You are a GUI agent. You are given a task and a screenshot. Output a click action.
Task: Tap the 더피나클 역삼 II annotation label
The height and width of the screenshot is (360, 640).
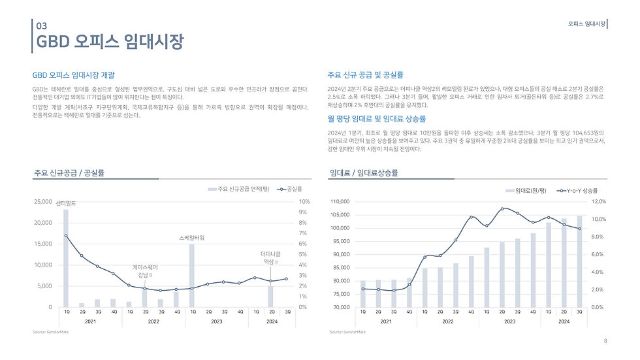pyautogui.click(x=270, y=257)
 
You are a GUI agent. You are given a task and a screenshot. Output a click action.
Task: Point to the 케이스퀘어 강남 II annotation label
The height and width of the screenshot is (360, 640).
pyautogui.click(x=144, y=270)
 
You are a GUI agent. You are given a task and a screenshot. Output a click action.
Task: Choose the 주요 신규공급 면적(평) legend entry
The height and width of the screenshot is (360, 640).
pyautogui.click(x=238, y=189)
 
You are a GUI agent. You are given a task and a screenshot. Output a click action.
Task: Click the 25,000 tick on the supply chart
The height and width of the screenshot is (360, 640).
pyautogui.click(x=43, y=202)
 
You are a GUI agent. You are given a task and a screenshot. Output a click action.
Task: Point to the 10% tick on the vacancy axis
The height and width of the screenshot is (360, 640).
pyautogui.click(x=304, y=202)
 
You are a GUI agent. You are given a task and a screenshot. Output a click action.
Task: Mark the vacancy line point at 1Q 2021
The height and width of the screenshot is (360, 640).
pyautogui.click(x=65, y=235)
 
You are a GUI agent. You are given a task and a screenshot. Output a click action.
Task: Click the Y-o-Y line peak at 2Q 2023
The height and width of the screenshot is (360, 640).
pyautogui.click(x=502, y=208)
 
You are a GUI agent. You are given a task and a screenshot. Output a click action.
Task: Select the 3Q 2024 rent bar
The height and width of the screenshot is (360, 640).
pyautogui.click(x=579, y=261)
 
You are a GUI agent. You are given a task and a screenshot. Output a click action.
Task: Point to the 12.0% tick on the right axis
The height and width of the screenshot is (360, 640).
pyautogui.click(x=600, y=202)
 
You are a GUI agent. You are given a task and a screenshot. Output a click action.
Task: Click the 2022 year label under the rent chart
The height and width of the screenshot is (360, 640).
pyautogui.click(x=447, y=322)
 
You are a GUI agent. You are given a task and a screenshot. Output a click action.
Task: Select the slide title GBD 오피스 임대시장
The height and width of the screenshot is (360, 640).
pyautogui.click(x=110, y=42)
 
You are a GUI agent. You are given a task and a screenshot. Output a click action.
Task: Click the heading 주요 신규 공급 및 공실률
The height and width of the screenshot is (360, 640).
pyautogui.click(x=366, y=75)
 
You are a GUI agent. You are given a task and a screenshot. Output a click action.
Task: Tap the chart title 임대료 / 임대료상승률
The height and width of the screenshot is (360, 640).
pyautogui.click(x=364, y=173)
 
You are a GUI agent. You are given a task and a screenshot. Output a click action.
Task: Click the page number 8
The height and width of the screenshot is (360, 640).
pyautogui.click(x=605, y=340)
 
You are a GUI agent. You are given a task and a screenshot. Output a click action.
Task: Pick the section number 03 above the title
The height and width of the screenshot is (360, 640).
pyautogui.click(x=42, y=26)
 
